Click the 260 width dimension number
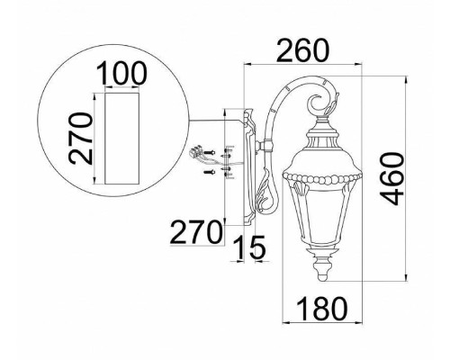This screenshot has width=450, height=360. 302,50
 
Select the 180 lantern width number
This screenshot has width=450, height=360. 322,308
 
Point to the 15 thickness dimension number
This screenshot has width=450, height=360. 249,247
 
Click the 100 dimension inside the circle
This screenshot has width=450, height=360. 122,73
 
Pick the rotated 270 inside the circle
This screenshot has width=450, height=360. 80,139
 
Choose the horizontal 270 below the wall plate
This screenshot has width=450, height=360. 194,232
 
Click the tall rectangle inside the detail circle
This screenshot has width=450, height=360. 122,139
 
